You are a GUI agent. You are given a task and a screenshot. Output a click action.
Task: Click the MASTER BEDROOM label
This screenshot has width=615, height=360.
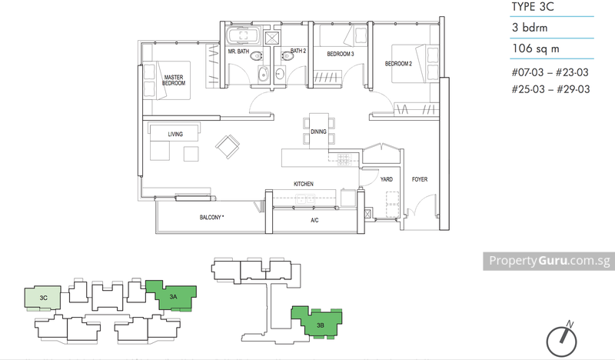coord(175,81)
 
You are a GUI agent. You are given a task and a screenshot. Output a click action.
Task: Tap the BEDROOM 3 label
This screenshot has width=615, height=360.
coord(339,55)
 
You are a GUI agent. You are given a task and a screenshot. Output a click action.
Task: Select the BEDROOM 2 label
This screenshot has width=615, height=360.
coord(398,63)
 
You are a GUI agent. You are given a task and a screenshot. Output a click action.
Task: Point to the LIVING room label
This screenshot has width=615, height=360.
coord(175,134)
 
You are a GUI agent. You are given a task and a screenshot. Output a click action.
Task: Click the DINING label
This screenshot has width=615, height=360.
coord(318,132)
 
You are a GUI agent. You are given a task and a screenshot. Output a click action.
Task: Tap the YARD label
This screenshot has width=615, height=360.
coord(386,179)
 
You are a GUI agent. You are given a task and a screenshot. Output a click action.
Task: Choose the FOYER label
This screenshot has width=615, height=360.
coord(419,179)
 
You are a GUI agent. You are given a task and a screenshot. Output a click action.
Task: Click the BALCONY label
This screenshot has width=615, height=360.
coord(211,218)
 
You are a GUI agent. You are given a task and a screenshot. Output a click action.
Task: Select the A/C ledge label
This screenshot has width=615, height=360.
coord(314,219)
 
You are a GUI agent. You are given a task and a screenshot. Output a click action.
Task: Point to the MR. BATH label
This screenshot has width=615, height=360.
coord(238,52)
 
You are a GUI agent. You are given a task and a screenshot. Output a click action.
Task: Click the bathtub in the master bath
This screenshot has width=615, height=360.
coord(244,35)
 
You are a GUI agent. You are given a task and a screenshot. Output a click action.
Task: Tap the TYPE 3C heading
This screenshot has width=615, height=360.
coord(531,8)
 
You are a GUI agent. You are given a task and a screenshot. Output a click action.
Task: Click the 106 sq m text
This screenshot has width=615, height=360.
coord(537,50)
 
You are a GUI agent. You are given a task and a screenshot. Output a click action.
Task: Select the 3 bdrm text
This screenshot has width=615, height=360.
coord(530,28)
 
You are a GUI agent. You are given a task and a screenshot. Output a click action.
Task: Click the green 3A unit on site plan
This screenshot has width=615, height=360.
coord(176,295)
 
